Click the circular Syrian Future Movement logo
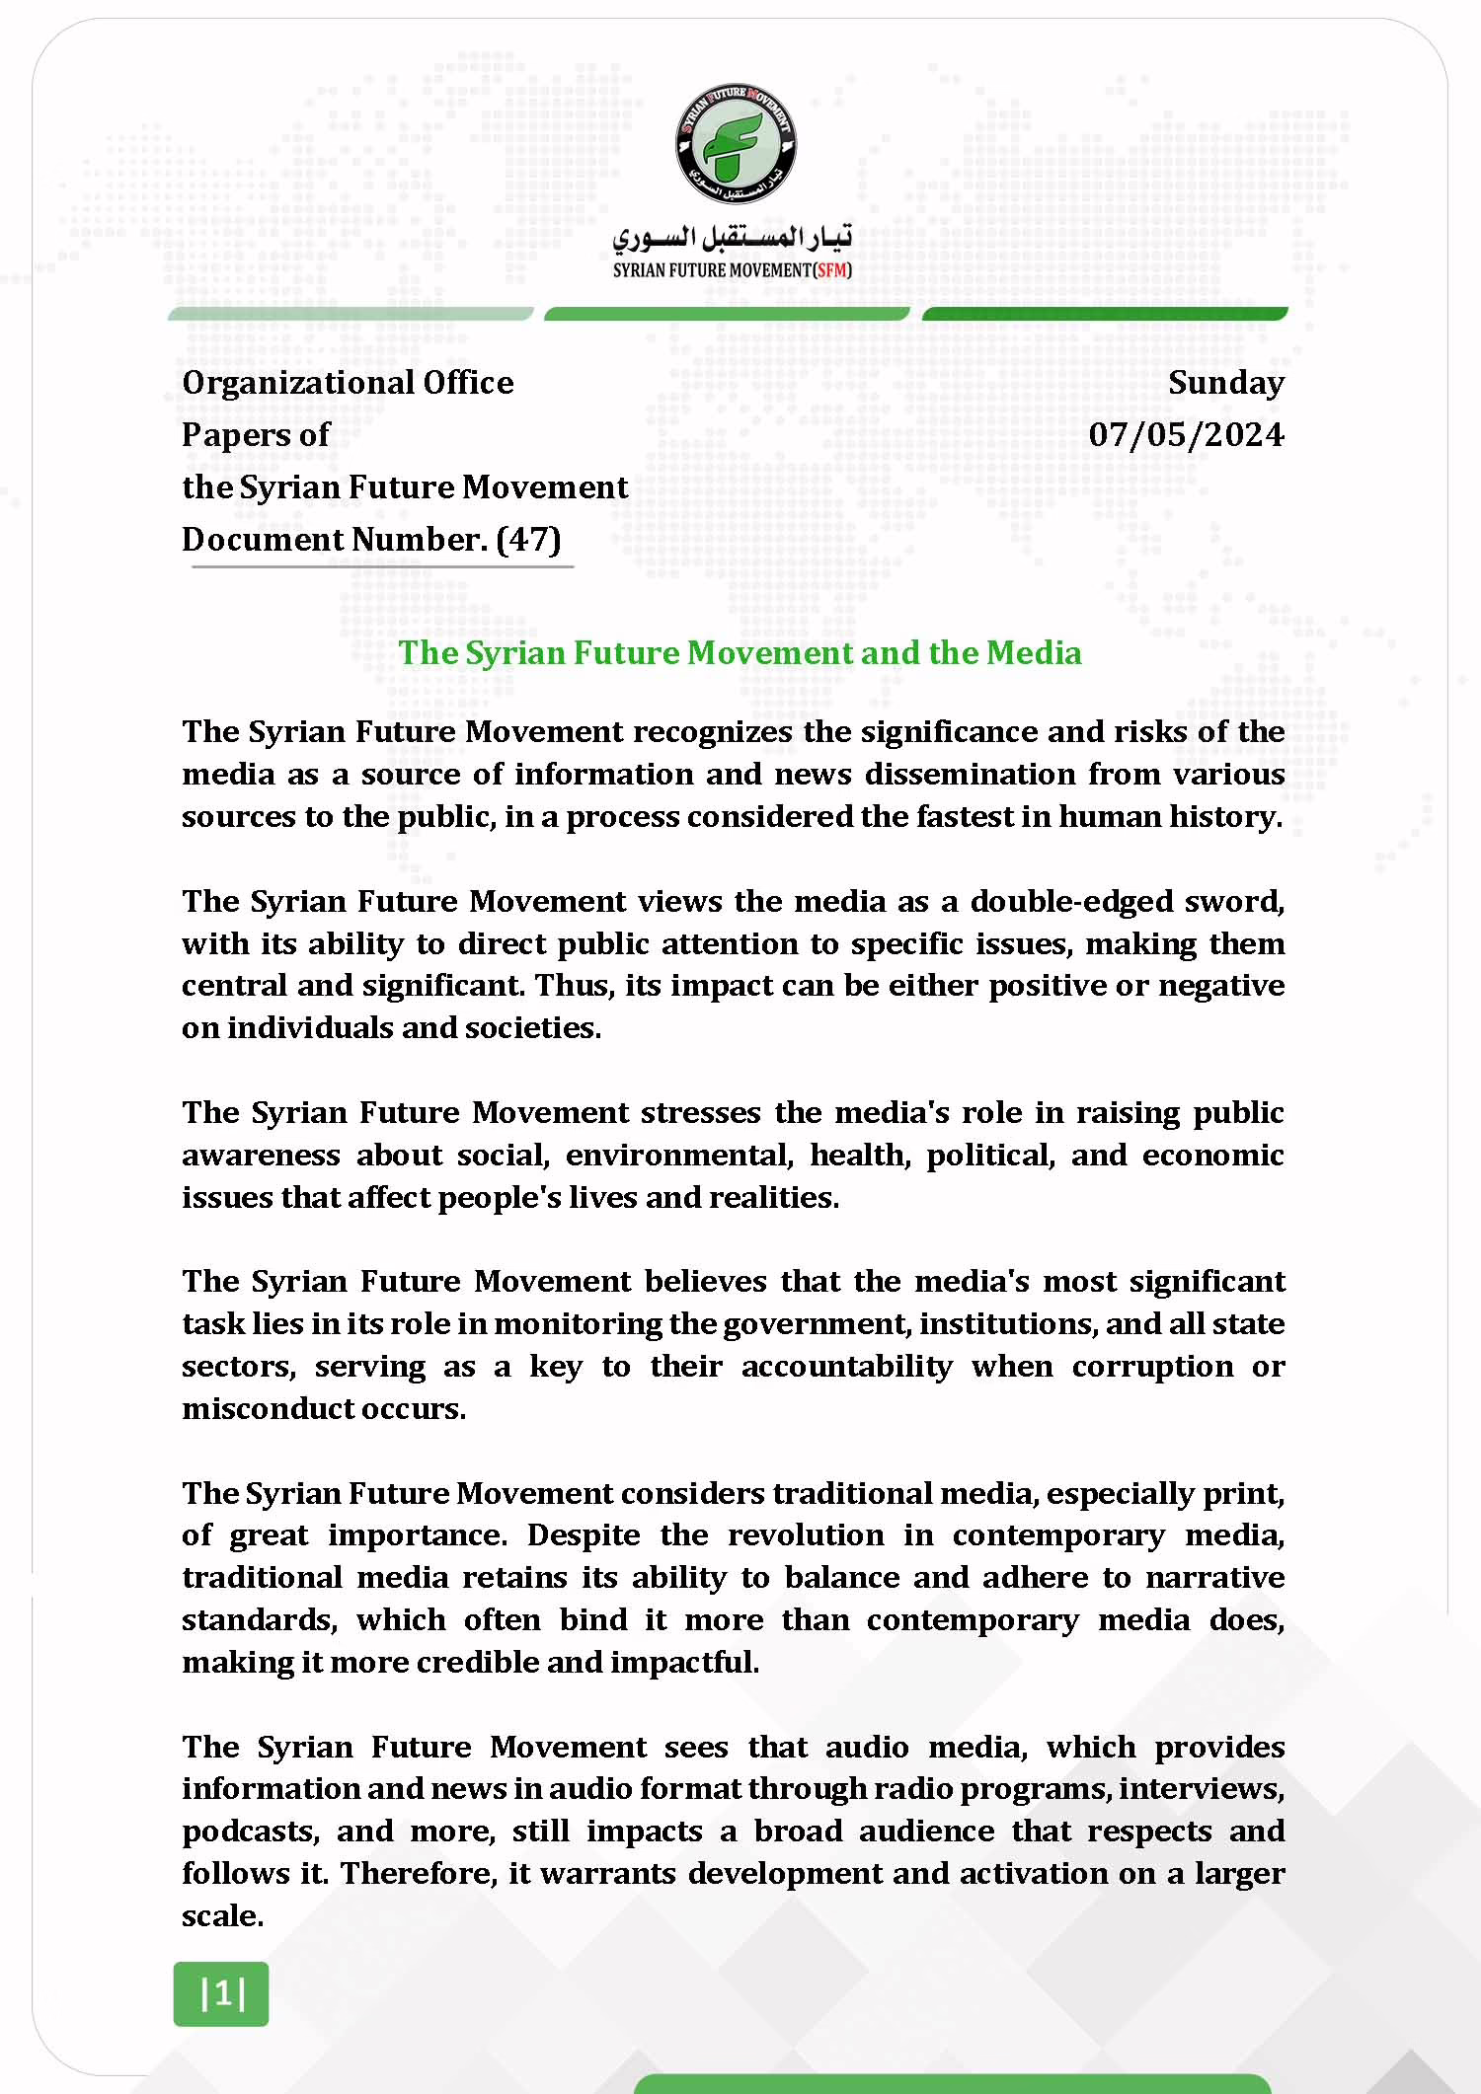click(x=736, y=145)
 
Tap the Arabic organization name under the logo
click(x=732, y=238)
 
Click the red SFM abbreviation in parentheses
click(x=831, y=270)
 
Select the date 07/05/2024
click(x=1186, y=434)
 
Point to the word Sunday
click(x=1226, y=382)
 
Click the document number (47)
click(x=528, y=539)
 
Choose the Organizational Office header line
click(x=348, y=382)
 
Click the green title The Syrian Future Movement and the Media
click(x=740, y=652)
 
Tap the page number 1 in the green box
click(x=221, y=1993)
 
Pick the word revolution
click(x=805, y=1535)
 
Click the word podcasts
click(x=250, y=1832)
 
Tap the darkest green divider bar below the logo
click(x=1104, y=314)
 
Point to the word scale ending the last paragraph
click(x=221, y=1915)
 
